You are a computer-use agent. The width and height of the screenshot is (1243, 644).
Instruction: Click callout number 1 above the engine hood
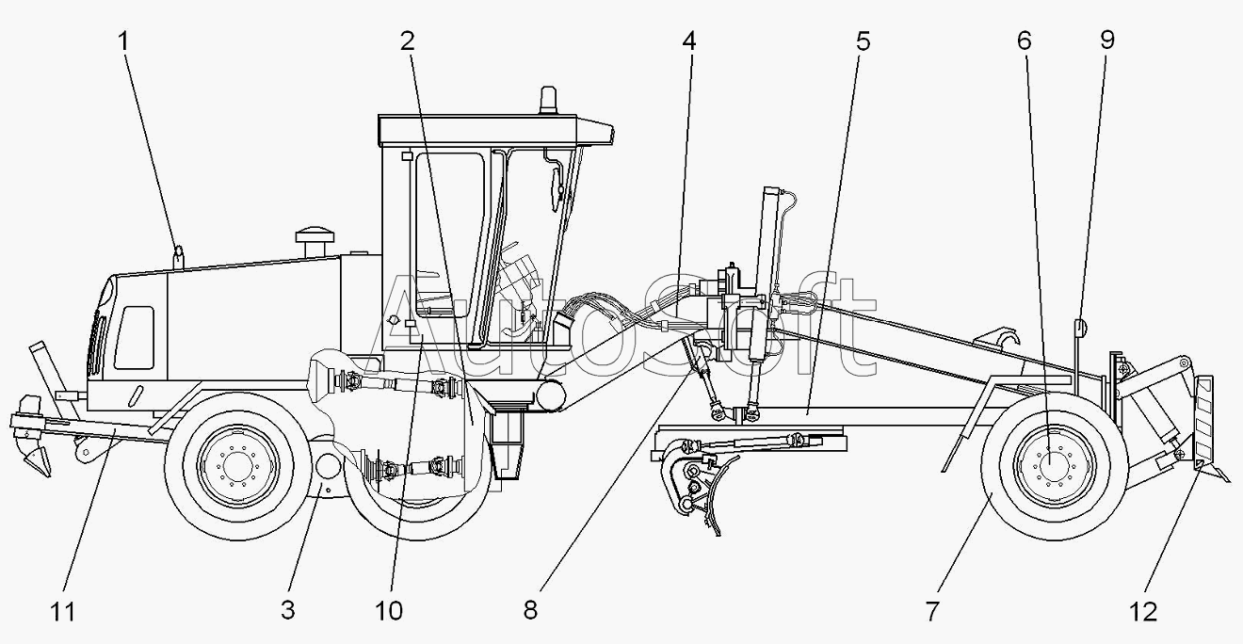tap(123, 41)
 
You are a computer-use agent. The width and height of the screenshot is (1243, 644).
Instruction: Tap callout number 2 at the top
tap(408, 41)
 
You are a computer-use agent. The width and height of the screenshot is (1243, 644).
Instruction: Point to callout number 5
tap(863, 41)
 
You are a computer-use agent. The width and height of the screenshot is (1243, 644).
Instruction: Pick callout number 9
tap(1107, 40)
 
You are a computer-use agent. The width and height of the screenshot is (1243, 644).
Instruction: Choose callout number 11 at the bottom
tap(62, 612)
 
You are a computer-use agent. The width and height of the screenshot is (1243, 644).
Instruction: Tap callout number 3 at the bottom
tap(287, 610)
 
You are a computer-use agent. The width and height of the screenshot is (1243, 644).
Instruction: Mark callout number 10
tap(388, 611)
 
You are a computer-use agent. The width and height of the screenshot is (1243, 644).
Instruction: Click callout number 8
tap(530, 610)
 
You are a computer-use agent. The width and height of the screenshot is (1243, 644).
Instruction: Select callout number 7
tap(931, 611)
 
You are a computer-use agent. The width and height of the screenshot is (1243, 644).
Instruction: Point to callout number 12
tap(1143, 612)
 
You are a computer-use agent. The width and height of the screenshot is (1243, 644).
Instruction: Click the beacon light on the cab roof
tap(548, 101)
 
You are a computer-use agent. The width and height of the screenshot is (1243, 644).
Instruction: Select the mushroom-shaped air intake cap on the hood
tap(315, 242)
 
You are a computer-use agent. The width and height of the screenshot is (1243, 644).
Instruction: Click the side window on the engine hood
tap(135, 338)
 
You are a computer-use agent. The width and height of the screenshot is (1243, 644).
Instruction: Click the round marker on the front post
tap(1079, 329)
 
